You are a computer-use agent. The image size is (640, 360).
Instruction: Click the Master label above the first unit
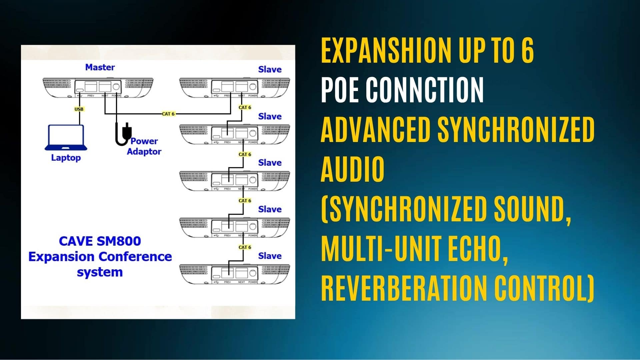tap(100, 67)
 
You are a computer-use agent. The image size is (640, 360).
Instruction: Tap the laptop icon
tap(66, 138)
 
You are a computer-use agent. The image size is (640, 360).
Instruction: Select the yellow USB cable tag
tap(79, 109)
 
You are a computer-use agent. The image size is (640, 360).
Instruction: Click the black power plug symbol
tap(123, 134)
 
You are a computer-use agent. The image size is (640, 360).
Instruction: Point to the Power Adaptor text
tap(144, 146)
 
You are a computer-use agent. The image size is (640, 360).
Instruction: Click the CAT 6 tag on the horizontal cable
tap(168, 114)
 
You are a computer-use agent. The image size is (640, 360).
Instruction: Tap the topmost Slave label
tap(270, 69)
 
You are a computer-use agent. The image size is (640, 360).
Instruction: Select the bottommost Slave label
tap(270, 256)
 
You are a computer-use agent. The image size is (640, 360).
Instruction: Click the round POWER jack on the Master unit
tap(116, 87)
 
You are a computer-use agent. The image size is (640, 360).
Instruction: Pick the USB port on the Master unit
tap(80, 91)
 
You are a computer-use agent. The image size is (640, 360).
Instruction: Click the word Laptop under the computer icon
tap(66, 157)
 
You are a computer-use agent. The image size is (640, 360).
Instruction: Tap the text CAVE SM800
tap(100, 241)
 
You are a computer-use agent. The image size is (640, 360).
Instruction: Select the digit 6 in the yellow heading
tap(527, 51)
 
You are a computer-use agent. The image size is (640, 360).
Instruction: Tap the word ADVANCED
tap(375, 129)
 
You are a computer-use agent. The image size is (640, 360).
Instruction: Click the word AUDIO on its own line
tap(352, 169)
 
